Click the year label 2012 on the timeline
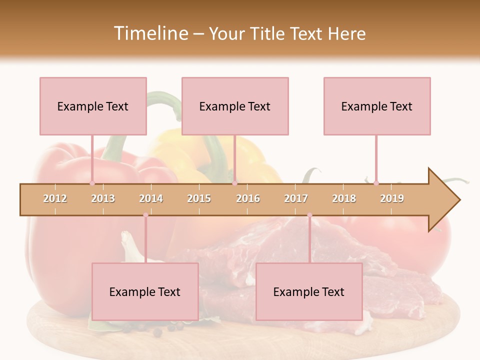tap(55, 198)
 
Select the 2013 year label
tap(103, 198)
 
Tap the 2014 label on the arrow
tap(151, 198)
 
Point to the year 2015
tap(199, 198)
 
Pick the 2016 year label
tap(248, 198)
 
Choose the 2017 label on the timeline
tap(296, 198)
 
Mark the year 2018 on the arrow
tap(344, 198)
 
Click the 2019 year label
tap(392, 198)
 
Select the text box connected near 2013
tap(93, 106)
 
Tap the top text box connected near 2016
tap(235, 106)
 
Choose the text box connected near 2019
tap(377, 106)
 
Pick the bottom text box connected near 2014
tap(145, 291)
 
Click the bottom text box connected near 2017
tap(309, 291)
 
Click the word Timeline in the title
tap(150, 33)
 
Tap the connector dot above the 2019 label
tap(376, 183)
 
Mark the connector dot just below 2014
tap(145, 215)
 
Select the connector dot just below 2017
tap(309, 215)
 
